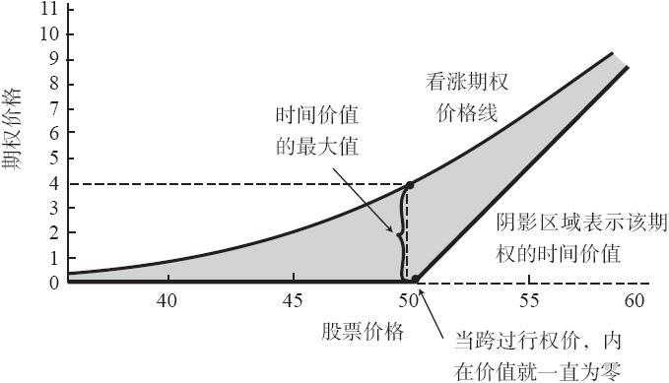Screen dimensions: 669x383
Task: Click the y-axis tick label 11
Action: pyautogui.click(x=49, y=9)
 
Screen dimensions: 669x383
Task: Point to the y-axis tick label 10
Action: pyautogui.click(x=51, y=34)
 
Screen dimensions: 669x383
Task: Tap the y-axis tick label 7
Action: pyautogui.click(x=54, y=108)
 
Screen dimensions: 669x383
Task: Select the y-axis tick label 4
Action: pyautogui.click(x=54, y=183)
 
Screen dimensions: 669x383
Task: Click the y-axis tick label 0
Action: pyautogui.click(x=54, y=283)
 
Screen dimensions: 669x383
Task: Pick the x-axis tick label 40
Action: pyautogui.click(x=167, y=300)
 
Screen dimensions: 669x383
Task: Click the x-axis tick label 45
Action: pyautogui.click(x=293, y=300)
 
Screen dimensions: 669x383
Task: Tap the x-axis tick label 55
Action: pyautogui.click(x=529, y=300)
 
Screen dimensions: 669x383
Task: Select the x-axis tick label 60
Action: pyautogui.click(x=634, y=300)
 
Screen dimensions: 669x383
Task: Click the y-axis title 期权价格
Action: pyautogui.click(x=12, y=129)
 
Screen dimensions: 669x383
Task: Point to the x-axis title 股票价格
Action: pyautogui.click(x=363, y=331)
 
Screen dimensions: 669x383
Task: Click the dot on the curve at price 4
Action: pyautogui.click(x=410, y=185)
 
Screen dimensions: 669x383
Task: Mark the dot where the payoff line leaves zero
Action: pyautogui.click(x=416, y=279)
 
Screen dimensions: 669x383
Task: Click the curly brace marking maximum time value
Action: pyautogui.click(x=400, y=233)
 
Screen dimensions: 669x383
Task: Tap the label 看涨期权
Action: pyautogui.click(x=467, y=81)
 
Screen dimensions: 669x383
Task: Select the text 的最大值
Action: pyautogui.click(x=317, y=147)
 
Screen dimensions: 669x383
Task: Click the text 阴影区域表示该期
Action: pyautogui.click(x=581, y=222)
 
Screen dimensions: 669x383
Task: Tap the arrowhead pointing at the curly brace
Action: pyautogui.click(x=389, y=227)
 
